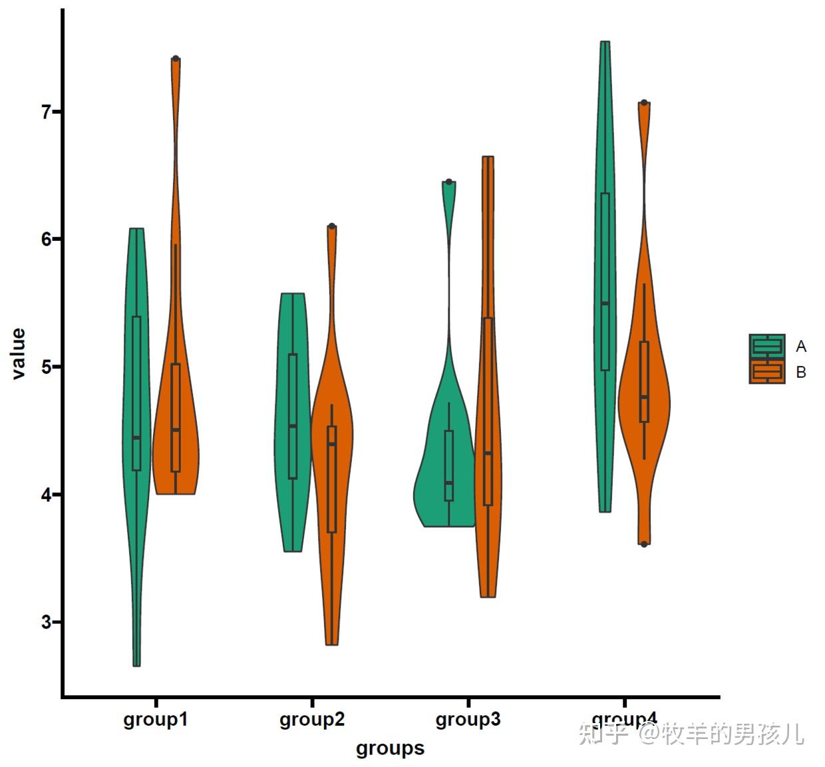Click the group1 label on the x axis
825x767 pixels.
point(156,720)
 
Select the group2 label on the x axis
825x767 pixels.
point(312,720)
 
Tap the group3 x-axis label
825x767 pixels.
point(468,720)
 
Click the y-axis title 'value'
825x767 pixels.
point(18,353)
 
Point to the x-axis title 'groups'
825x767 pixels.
point(390,748)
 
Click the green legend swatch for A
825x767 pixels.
point(766,346)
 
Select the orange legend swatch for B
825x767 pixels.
point(766,372)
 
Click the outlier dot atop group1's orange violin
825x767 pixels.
point(176,59)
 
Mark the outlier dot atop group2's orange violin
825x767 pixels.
point(332,226)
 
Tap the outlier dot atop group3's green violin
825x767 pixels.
point(449,182)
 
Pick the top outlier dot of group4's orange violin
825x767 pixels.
point(644,102)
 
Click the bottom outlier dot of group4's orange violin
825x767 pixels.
point(644,544)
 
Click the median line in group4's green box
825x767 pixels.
point(605,303)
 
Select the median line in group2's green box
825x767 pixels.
point(293,426)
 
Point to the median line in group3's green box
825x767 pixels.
point(449,483)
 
